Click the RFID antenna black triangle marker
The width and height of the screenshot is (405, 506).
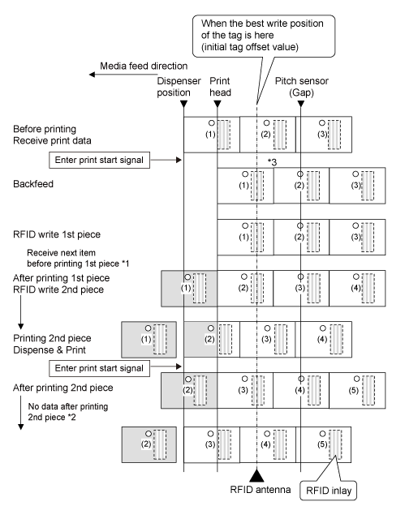click(256, 475)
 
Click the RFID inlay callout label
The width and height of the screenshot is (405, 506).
click(329, 491)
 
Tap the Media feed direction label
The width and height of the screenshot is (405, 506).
click(144, 66)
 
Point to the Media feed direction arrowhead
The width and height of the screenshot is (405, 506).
click(92, 75)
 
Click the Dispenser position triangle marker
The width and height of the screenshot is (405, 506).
click(183, 104)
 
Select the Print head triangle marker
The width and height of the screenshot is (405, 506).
click(218, 104)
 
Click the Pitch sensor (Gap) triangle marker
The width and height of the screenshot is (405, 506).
click(300, 104)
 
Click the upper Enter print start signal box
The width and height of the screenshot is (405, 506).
click(100, 160)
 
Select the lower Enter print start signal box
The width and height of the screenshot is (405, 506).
click(100, 368)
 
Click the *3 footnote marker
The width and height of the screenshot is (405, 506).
click(272, 162)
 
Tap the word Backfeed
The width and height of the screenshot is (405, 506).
click(33, 184)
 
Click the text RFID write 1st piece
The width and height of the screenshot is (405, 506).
click(57, 234)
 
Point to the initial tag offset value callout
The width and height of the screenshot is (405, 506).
click(264, 36)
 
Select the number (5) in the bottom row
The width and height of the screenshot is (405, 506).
click(322, 444)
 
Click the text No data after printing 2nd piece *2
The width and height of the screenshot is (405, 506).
click(68, 412)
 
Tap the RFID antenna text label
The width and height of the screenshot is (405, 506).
click(261, 490)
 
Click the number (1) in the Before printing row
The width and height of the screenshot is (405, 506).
click(210, 135)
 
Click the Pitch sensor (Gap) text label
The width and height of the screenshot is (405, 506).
click(302, 87)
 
